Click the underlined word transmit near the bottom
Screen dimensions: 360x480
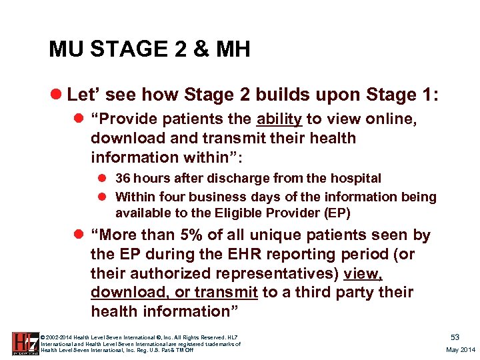click(231, 293)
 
